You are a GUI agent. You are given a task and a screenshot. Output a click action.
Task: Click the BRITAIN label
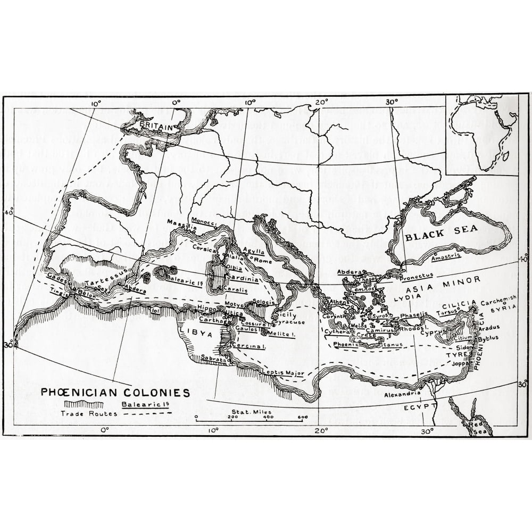click(x=157, y=127)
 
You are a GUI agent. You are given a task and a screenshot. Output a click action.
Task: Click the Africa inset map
click(x=481, y=134)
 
